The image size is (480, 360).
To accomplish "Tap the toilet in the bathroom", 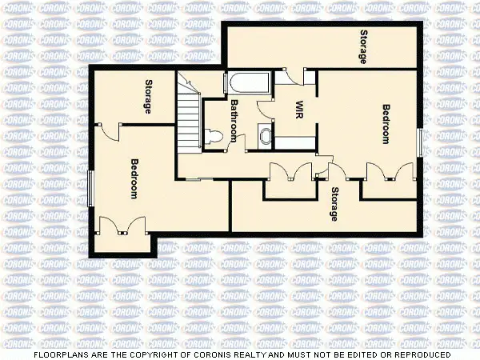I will [x=213, y=136].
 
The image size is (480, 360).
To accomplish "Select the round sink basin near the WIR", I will [x=265, y=138].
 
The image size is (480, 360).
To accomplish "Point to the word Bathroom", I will [x=235, y=120].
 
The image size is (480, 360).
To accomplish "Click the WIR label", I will [x=298, y=109].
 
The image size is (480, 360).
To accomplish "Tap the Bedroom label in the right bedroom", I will [x=386, y=124].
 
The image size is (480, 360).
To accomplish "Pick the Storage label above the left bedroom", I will [x=149, y=97].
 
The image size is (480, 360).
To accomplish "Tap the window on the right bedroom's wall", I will [x=420, y=141].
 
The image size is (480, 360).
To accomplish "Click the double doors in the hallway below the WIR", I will [x=290, y=172].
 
